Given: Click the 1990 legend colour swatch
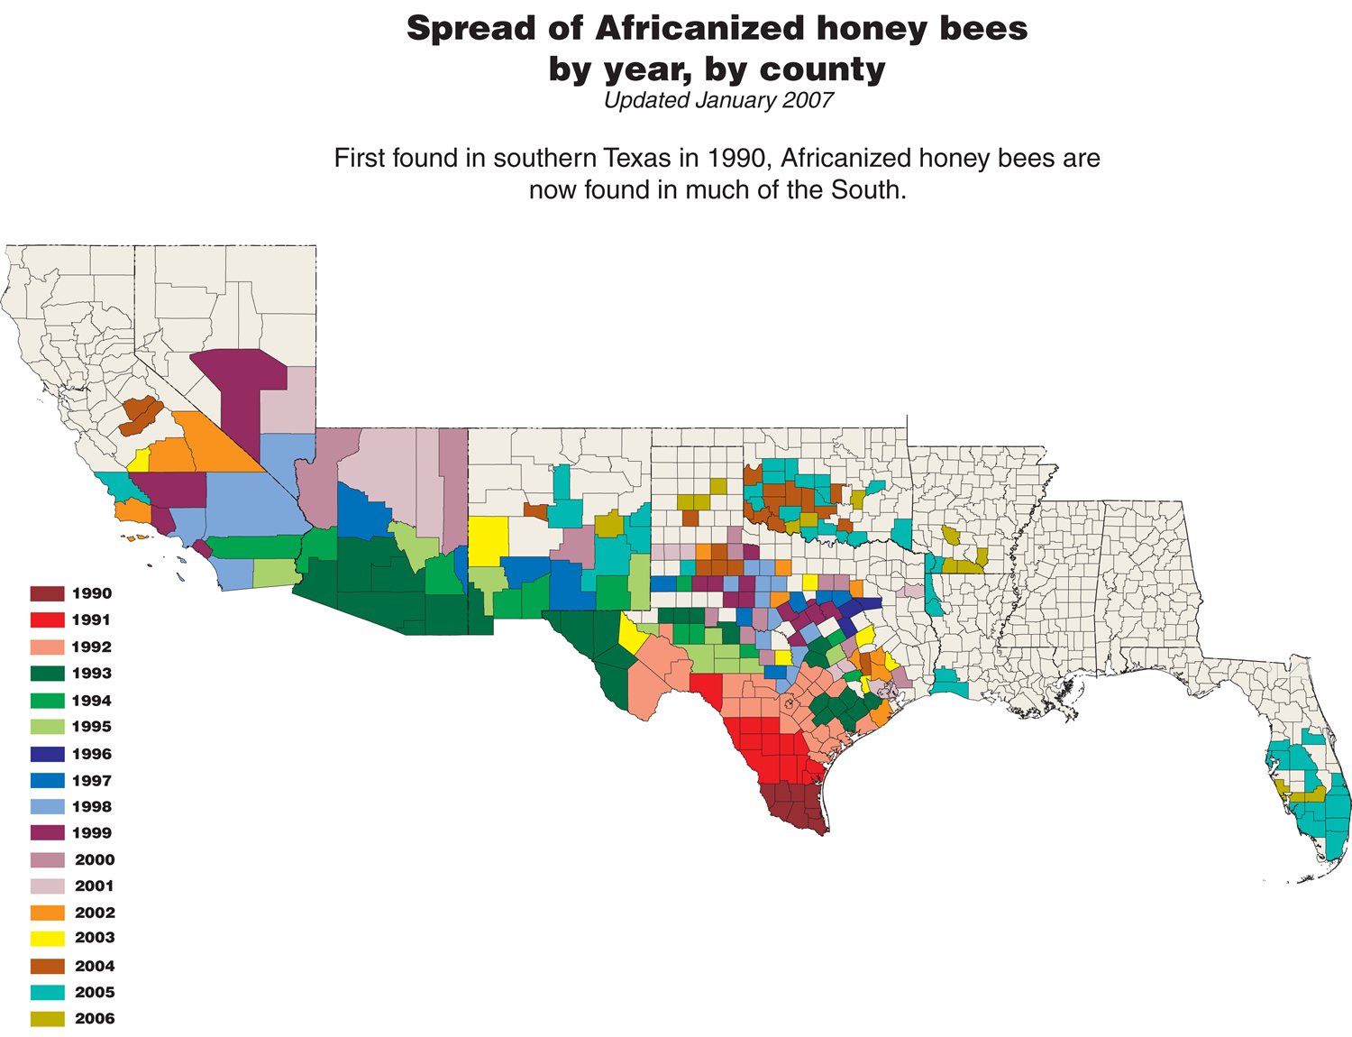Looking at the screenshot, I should [x=47, y=593].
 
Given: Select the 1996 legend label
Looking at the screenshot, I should [x=91, y=754].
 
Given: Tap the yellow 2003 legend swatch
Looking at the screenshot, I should [x=47, y=938].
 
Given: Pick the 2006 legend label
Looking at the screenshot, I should [x=95, y=1019].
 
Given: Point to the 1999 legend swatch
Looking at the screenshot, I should [x=47, y=833].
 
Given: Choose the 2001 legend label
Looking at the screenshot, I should [x=95, y=886].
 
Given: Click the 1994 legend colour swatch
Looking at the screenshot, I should [x=47, y=701].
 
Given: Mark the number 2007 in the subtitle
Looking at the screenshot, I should [x=808, y=100].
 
